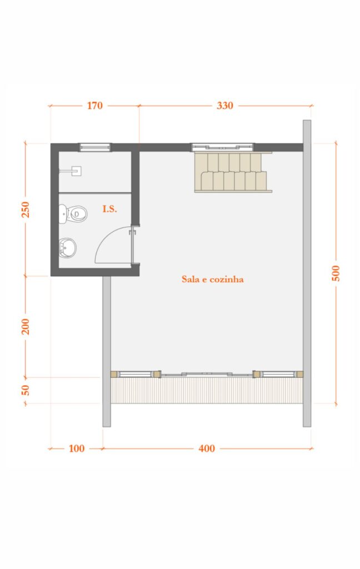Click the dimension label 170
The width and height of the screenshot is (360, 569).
(94, 106)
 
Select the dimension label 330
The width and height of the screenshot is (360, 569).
(224, 106)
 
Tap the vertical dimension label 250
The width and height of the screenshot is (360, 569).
(26, 209)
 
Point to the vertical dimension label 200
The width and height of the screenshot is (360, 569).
(26, 327)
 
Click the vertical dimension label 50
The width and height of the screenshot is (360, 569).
(26, 390)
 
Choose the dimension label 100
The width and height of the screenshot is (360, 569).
(77, 448)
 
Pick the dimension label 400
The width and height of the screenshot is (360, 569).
(207, 448)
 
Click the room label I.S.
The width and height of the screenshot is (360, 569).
(109, 209)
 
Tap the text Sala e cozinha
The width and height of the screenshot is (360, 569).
(212, 279)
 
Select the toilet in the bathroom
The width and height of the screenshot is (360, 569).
(74, 213)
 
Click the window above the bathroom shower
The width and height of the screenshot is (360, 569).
(94, 147)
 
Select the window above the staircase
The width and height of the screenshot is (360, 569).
(223, 147)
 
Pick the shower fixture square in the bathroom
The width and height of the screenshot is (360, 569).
(77, 171)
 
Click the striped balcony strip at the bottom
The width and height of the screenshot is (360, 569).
(207, 391)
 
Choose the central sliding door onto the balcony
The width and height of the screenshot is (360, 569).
(207, 375)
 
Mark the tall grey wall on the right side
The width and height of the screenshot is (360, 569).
(307, 273)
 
